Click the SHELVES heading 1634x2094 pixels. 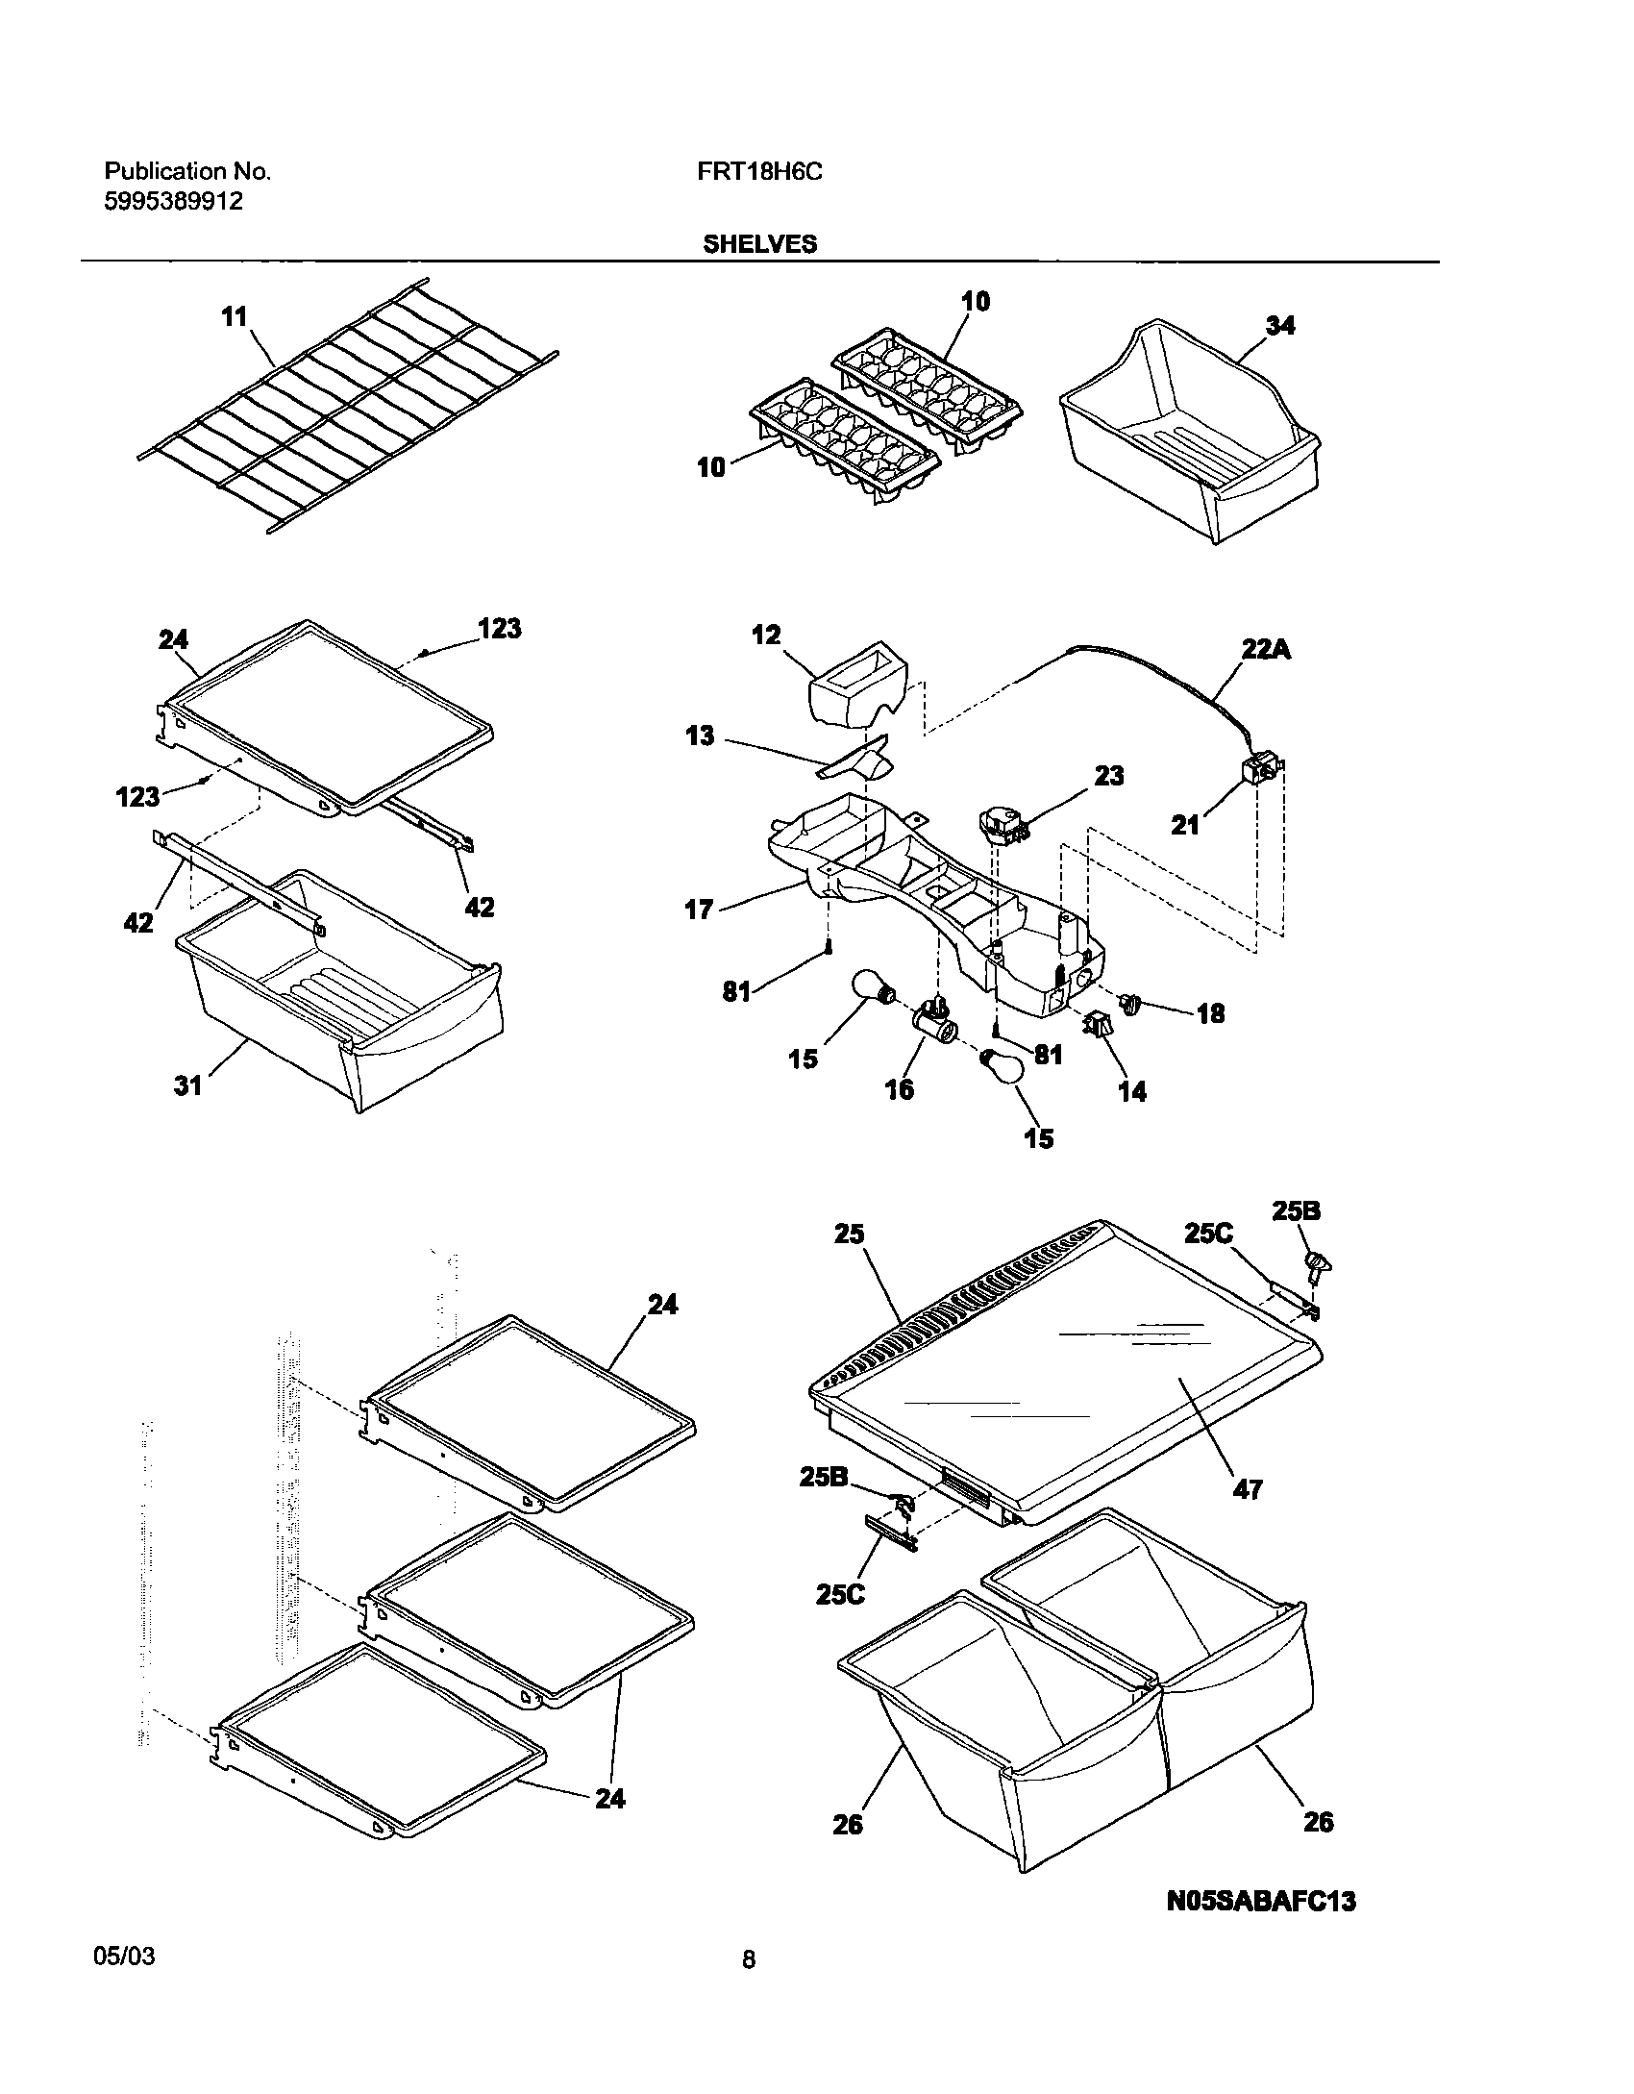[x=759, y=244]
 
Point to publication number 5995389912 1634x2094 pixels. [x=173, y=202]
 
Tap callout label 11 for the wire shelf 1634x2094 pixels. [x=235, y=316]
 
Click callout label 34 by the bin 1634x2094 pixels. [x=1279, y=326]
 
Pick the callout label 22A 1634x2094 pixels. [x=1265, y=650]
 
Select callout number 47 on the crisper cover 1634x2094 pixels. [x=1248, y=1489]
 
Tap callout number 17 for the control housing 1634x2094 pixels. [x=699, y=909]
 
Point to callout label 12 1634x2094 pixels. [x=766, y=635]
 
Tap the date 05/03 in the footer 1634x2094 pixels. [x=124, y=1956]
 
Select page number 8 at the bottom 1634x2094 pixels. [x=749, y=1958]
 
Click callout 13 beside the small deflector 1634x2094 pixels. [x=700, y=736]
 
